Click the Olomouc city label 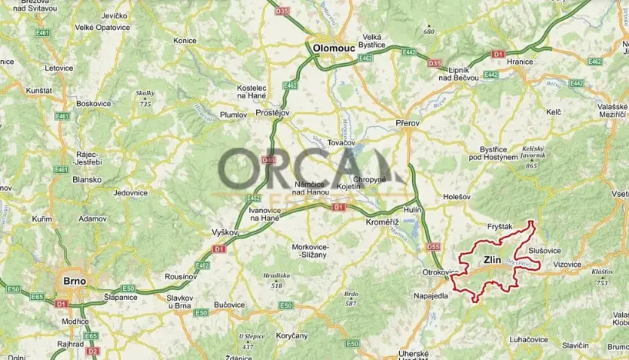pos(334,48)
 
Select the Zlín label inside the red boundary pos(492,260)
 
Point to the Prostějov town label pos(271,113)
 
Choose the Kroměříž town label pos(381,221)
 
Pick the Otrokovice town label pos(441,272)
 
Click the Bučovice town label pos(228,305)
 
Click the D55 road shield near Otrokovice pos(433,247)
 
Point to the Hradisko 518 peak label pos(276,279)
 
